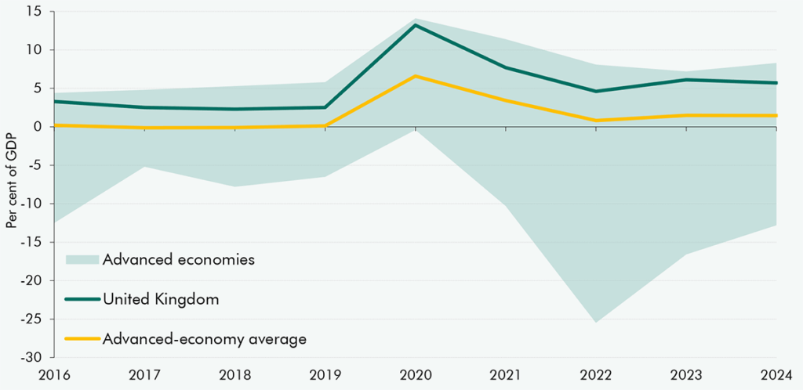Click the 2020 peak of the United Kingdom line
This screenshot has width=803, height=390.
[x=416, y=25]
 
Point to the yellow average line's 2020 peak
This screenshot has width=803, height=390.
[x=416, y=76]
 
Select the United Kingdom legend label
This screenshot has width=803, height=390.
[x=160, y=299]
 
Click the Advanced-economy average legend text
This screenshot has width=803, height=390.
[x=204, y=339]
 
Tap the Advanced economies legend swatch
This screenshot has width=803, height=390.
[x=82, y=259]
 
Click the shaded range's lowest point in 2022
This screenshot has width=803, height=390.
[x=596, y=322]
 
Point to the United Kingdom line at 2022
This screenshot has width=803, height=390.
[x=596, y=92]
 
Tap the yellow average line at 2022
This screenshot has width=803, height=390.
[x=596, y=121]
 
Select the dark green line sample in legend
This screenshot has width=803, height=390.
[x=82, y=299]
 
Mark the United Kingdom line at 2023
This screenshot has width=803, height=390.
[x=686, y=80]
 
